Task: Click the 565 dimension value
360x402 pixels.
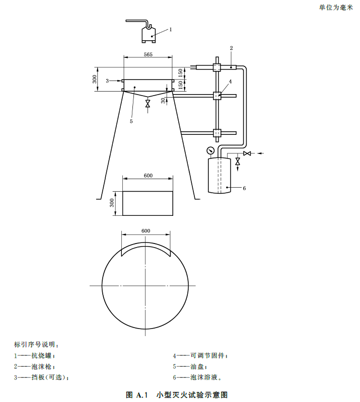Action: point(148,54)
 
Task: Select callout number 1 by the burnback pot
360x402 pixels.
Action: point(170,29)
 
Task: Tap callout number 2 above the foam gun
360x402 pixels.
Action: point(231,48)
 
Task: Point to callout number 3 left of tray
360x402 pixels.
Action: point(107,81)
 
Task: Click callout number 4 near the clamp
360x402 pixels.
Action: point(230,81)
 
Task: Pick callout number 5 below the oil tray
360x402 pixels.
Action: point(131,121)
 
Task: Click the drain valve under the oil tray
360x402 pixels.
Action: point(148,104)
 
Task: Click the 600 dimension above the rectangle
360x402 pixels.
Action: point(148,176)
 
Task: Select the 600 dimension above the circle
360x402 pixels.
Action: point(146,230)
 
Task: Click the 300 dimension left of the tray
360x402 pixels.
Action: point(94,79)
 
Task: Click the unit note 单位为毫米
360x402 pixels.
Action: point(336,8)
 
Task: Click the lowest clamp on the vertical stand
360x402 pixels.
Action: point(217,133)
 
